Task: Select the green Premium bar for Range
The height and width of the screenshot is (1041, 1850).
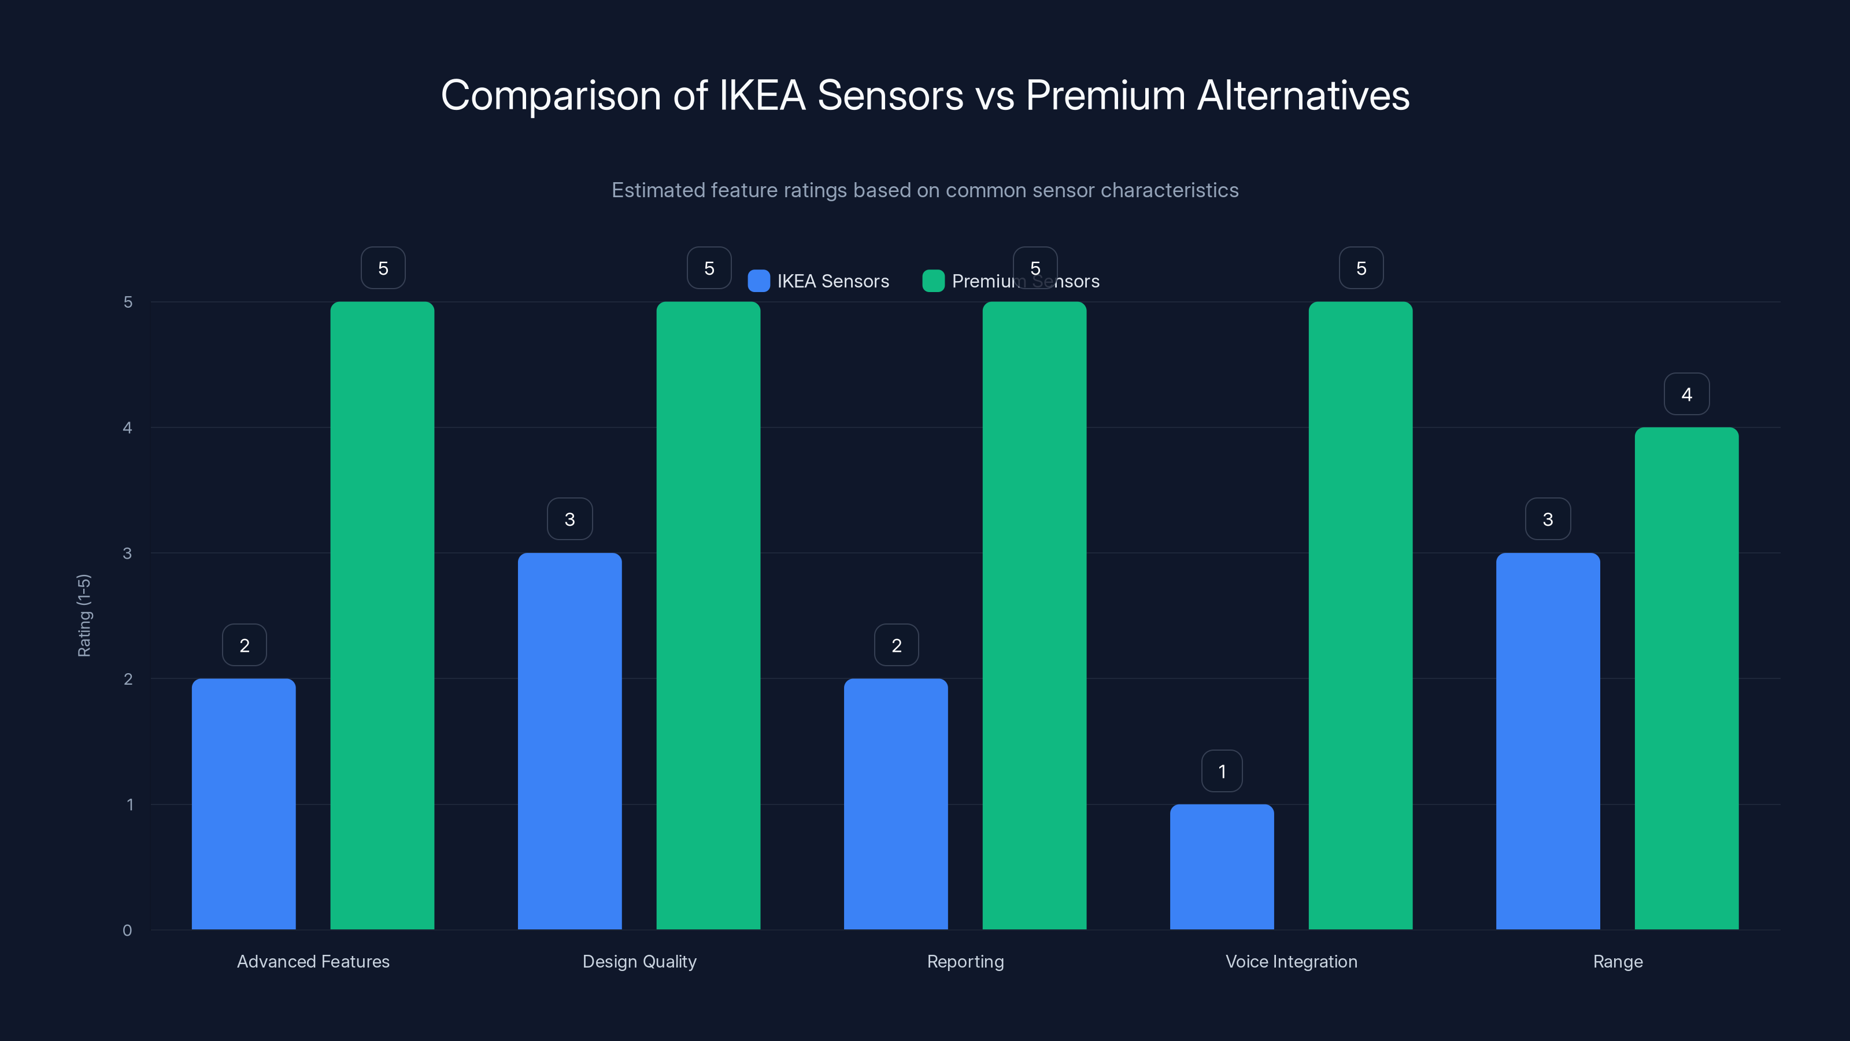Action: coord(1686,678)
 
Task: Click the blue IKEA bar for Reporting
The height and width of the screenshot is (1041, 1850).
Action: coord(896,804)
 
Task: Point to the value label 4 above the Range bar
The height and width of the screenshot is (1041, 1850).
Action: coord(1686,394)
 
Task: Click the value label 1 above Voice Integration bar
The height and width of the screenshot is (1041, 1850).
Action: coord(1222,771)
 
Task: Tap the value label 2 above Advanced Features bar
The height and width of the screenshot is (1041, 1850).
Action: coord(244,645)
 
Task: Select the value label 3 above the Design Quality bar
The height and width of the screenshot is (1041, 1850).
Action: coord(569,519)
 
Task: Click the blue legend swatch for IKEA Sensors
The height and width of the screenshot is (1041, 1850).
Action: coord(758,281)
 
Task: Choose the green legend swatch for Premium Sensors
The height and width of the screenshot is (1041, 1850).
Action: coord(933,281)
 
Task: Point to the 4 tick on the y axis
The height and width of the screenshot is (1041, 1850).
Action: coord(128,427)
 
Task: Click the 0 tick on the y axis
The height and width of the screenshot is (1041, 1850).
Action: coord(128,931)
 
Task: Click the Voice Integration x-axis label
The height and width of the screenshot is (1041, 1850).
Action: coord(1292,961)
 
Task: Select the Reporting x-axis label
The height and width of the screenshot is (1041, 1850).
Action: coord(965,961)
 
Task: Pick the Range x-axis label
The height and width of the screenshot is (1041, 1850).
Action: coord(1618,961)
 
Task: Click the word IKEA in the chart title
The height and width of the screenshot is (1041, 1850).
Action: coord(762,95)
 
